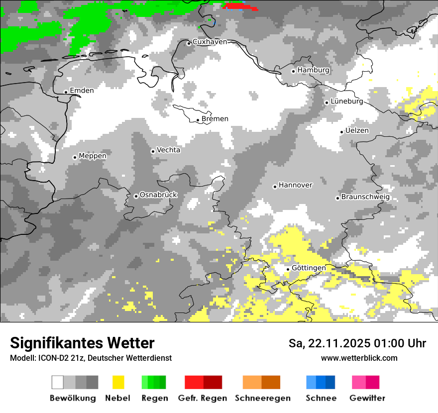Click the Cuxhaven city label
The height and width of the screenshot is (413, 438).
point(210,42)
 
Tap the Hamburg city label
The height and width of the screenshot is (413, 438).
point(313,70)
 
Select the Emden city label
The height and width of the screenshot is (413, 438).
point(82,91)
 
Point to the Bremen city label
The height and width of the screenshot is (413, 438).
point(215,119)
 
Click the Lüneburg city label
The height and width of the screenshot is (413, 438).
point(346,102)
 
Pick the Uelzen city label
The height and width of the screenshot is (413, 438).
point(357,131)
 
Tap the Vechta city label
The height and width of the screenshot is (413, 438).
point(168,150)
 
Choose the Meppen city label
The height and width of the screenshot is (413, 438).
point(93,156)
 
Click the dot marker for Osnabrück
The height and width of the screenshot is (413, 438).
point(136,196)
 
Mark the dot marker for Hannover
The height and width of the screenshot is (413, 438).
point(275,187)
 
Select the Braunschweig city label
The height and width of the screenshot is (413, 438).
point(365,197)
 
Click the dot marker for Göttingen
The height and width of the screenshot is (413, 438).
point(288,269)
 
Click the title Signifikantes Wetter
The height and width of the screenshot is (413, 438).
point(82,343)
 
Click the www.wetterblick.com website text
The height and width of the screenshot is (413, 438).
point(359,358)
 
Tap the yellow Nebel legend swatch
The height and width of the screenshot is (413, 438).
point(118,382)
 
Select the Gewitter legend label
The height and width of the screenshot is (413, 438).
point(367,398)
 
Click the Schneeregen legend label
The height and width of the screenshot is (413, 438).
point(262,398)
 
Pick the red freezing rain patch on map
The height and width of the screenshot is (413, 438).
point(241,6)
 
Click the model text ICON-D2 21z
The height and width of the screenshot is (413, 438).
point(64,358)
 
